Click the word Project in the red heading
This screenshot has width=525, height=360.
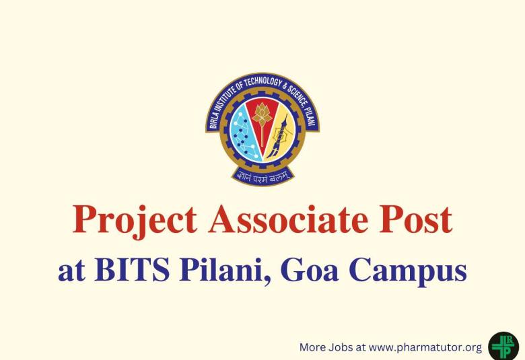click(x=135, y=221)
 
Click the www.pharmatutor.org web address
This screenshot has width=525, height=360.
click(x=425, y=347)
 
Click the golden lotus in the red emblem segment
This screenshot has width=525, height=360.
click(x=261, y=114)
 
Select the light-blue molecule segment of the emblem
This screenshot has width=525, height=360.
click(x=241, y=134)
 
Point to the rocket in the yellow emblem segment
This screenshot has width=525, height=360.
click(x=279, y=135)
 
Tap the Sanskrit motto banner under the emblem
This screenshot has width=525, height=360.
click(x=262, y=177)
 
